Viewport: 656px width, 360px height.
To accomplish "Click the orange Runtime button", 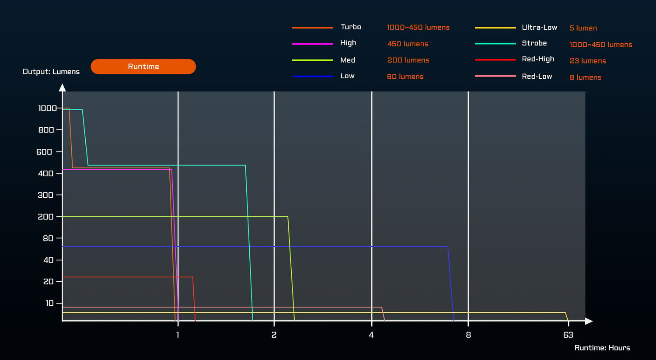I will [x=143, y=66].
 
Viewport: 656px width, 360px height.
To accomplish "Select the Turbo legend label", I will [x=351, y=27].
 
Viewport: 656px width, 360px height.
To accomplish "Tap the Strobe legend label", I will [x=534, y=43].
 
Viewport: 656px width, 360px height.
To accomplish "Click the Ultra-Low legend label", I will [x=539, y=28].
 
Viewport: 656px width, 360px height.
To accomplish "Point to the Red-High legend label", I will [x=537, y=59].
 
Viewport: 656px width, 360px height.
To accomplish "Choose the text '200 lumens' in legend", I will [x=408, y=60].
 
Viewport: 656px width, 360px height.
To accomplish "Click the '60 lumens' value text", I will [x=405, y=77].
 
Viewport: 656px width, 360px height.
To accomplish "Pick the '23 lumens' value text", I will [x=587, y=61].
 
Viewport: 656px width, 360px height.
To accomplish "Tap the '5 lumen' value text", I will [x=583, y=28].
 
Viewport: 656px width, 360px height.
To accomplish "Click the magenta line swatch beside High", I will [x=312, y=44].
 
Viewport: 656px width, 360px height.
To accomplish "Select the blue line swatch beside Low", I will [x=312, y=77].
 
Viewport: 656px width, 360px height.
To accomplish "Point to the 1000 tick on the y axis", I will [x=47, y=108].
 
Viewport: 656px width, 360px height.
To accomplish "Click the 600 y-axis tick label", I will [x=44, y=152].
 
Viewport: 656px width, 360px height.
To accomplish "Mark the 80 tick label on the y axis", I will [x=48, y=238].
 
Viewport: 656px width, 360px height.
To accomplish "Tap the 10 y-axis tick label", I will [x=49, y=303].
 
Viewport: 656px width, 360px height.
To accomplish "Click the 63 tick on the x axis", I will [x=568, y=335].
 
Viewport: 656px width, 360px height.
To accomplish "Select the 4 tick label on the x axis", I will [x=371, y=335].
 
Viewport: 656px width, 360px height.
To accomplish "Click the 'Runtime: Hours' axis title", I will [x=602, y=348].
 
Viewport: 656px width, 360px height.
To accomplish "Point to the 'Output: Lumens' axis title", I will [x=51, y=72].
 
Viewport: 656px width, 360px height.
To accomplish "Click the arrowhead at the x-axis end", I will [x=589, y=321].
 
